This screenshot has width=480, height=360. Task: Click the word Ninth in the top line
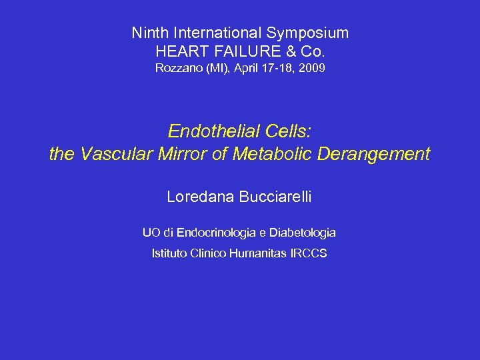[x=149, y=33]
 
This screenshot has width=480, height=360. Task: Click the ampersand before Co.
[x=289, y=51]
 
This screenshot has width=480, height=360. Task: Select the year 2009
[x=311, y=68]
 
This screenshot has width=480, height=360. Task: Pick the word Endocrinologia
[x=217, y=233]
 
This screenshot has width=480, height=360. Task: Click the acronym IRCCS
[x=309, y=253]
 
